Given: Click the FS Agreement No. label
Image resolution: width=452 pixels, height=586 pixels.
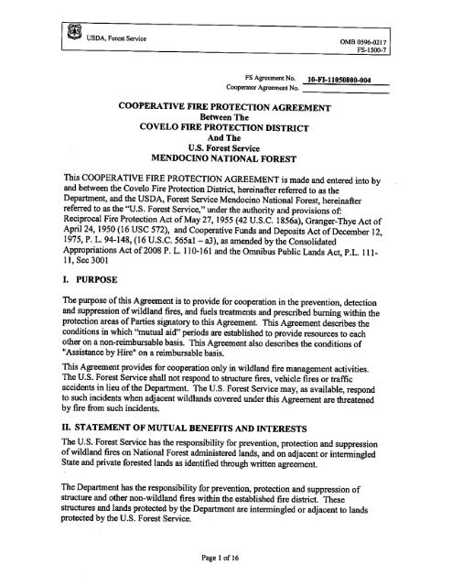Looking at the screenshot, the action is pyautogui.click(x=273, y=79).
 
